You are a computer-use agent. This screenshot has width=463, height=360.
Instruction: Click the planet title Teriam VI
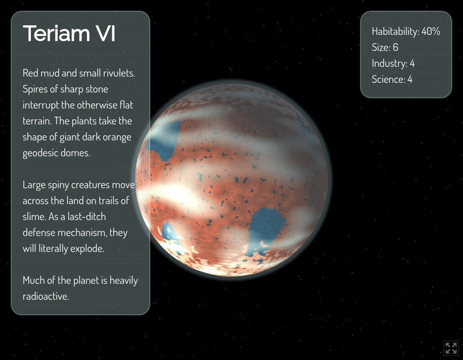point(69,34)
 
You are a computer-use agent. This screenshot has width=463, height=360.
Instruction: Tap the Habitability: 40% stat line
point(406,32)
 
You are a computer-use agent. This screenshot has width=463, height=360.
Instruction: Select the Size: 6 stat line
point(385,47)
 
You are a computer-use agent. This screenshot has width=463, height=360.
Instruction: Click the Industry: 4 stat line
point(393,63)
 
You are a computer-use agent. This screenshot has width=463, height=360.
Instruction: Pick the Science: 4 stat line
point(392,79)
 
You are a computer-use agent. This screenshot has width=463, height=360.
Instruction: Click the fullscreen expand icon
point(451,348)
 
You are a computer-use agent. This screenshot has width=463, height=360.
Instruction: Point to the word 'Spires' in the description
point(36,89)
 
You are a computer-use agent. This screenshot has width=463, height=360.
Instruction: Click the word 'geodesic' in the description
point(40,153)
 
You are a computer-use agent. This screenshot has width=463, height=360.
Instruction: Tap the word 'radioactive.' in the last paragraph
point(46,296)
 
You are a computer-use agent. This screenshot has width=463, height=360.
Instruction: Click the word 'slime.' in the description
point(34,216)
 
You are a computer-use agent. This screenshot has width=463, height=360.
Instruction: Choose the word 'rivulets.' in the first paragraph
point(117,74)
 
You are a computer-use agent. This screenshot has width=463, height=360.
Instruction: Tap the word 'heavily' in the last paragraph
point(121,281)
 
